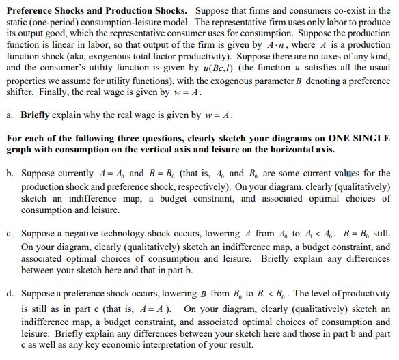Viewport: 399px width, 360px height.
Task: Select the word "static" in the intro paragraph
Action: (x=16, y=22)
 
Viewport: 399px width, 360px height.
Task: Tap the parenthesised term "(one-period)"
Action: (x=57, y=22)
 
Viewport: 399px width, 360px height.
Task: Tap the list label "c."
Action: (x=10, y=234)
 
